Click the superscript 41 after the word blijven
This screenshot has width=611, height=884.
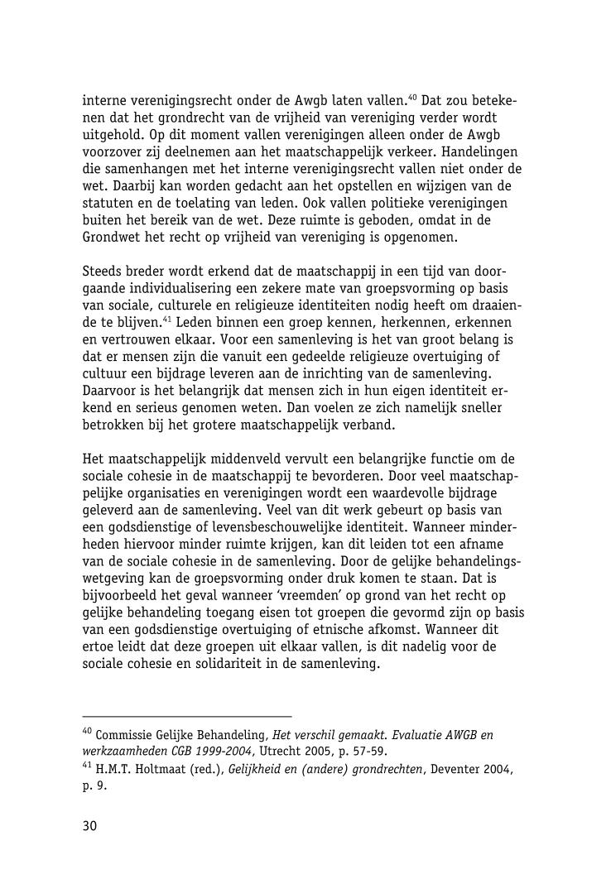pyautogui.click(x=168, y=318)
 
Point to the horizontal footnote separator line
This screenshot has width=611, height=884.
pyautogui.click(x=187, y=716)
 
